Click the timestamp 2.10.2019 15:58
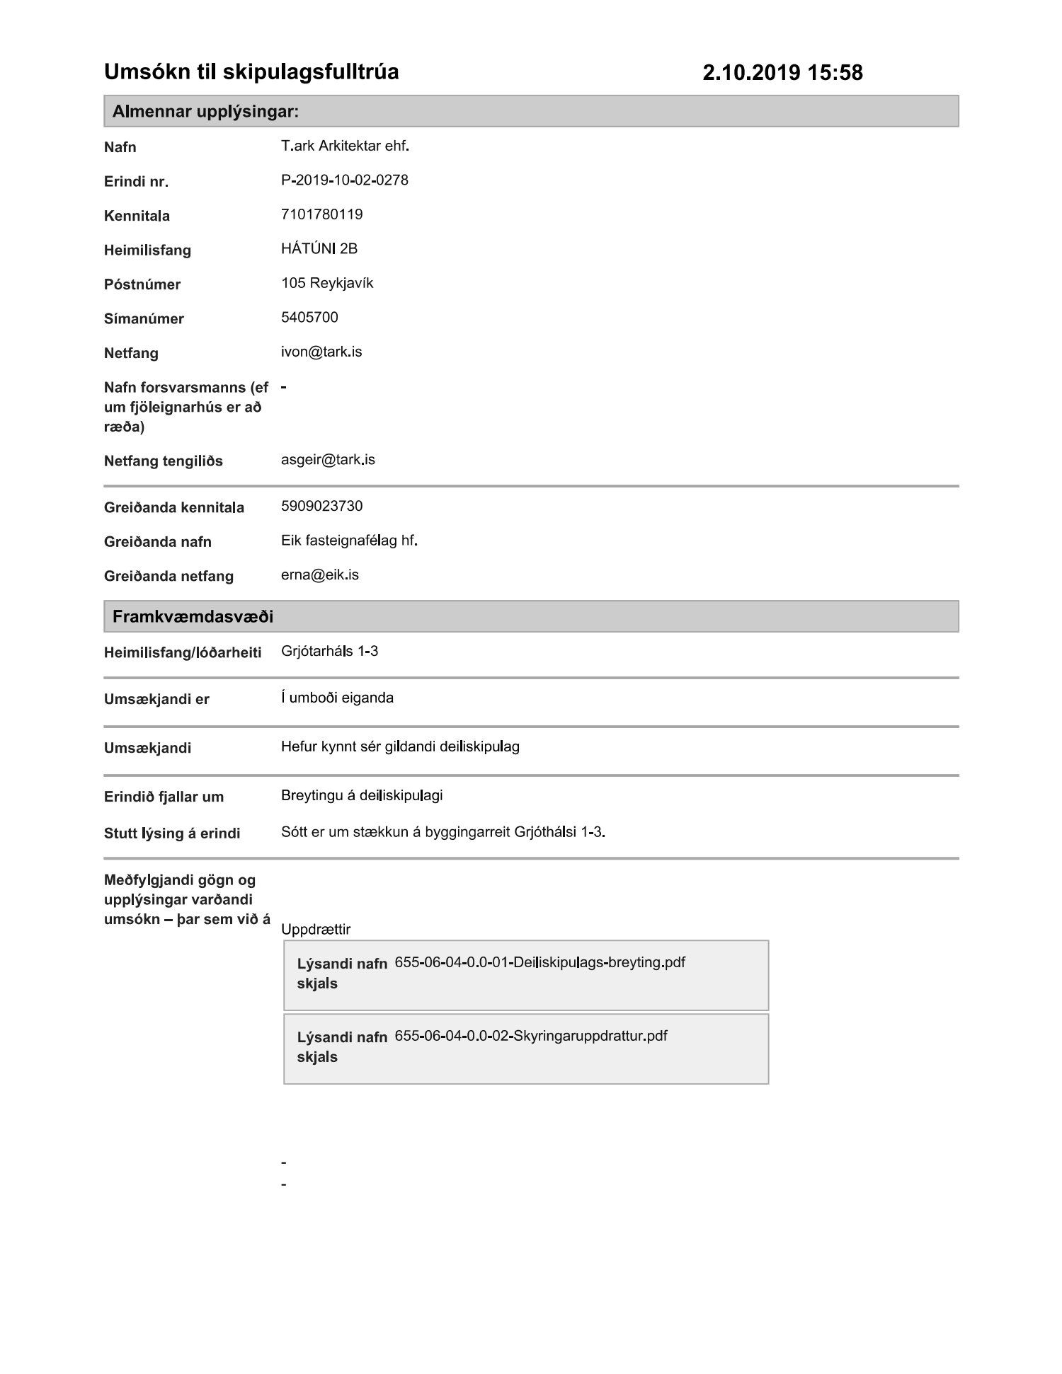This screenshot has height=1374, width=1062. [782, 72]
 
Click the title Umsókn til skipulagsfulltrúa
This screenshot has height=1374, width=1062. [251, 71]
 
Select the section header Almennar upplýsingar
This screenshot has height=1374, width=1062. [205, 112]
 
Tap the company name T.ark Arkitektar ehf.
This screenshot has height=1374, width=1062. [345, 146]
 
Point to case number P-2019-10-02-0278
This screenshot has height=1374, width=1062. [344, 180]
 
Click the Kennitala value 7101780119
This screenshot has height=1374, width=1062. [321, 214]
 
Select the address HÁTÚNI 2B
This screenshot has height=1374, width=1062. [319, 249]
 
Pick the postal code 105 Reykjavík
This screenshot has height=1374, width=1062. [326, 283]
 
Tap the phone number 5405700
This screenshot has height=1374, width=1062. [309, 317]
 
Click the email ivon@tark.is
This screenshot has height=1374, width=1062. [321, 352]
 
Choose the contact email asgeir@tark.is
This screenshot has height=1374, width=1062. [328, 460]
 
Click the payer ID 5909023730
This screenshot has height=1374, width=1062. [321, 506]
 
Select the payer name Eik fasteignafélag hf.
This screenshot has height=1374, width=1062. [349, 541]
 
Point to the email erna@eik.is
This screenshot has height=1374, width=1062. [319, 575]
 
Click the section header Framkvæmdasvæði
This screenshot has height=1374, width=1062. [193, 616]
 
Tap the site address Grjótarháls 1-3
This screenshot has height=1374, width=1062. [329, 651]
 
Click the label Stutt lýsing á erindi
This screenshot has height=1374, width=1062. [172, 833]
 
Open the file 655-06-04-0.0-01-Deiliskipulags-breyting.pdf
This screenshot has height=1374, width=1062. [539, 962]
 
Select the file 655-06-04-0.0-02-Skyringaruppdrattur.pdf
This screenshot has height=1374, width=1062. [530, 1036]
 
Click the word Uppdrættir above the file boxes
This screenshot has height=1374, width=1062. [315, 929]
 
